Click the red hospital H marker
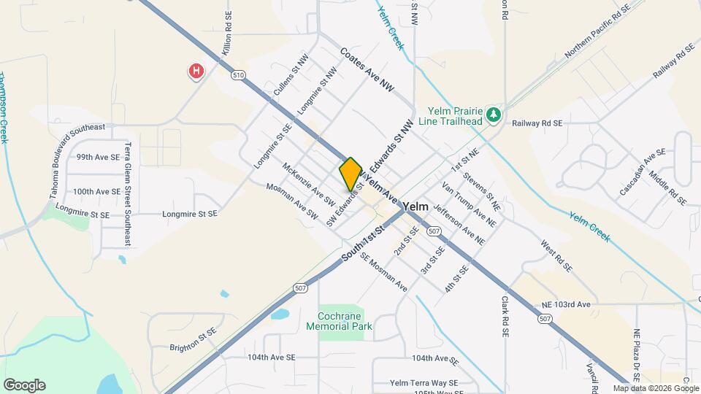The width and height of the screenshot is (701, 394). pos(196,72)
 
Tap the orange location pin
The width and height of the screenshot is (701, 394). pos(350,174)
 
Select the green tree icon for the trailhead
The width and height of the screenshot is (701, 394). pos(495,115)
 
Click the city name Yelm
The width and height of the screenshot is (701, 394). pos(414,207)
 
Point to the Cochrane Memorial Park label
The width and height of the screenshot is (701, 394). pos(345,321)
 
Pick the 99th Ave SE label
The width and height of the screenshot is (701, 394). pos(98,157)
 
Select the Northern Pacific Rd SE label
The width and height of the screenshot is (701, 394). pos(597,33)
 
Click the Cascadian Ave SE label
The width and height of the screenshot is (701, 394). pos(643,172)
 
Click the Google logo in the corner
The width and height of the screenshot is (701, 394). pos(24,385)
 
